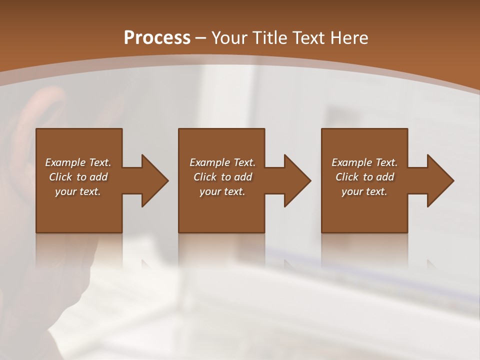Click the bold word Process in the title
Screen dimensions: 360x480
[x=157, y=38]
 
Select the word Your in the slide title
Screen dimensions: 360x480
[x=230, y=38]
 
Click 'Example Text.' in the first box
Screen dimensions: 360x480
[x=78, y=162]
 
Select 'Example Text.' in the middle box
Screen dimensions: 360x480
[x=222, y=162]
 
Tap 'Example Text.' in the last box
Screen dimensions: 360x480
[x=364, y=162]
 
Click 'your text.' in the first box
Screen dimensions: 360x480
[x=78, y=191]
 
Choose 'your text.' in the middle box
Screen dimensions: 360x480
[x=222, y=191]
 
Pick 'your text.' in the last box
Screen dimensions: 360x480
[x=364, y=191]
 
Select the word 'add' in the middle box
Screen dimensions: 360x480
[x=243, y=177]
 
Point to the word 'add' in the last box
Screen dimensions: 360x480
[x=385, y=177]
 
